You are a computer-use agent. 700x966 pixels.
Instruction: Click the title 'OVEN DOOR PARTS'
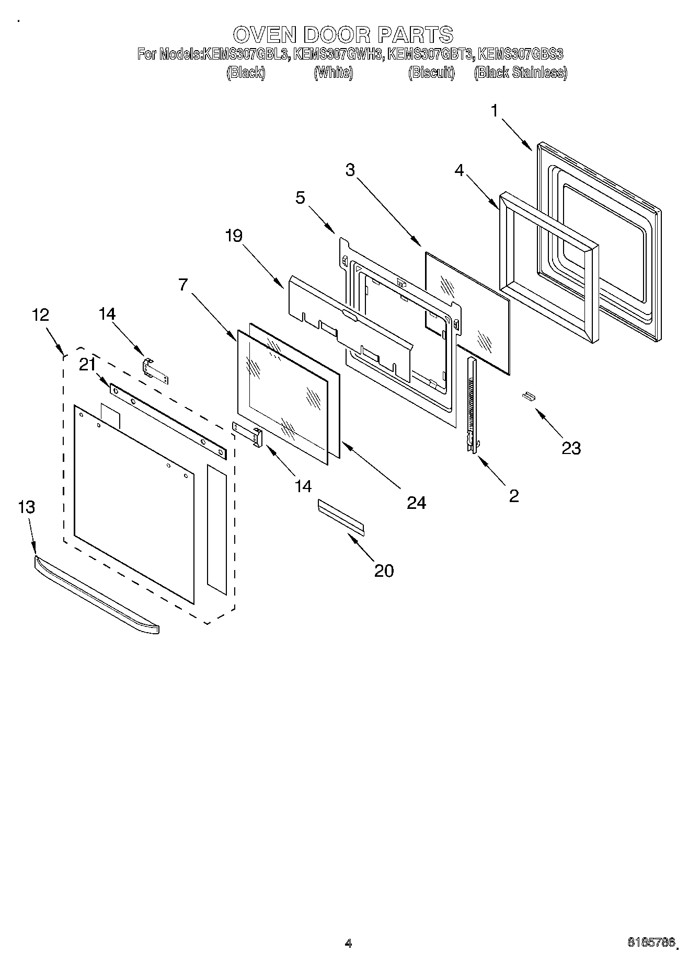click(343, 34)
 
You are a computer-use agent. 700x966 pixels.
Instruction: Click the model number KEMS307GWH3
click(338, 54)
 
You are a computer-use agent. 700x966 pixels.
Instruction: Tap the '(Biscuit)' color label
click(431, 73)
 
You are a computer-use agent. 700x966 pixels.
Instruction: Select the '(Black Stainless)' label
click(520, 73)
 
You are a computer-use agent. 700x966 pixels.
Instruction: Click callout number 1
click(495, 111)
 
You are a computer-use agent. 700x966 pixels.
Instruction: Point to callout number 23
click(571, 448)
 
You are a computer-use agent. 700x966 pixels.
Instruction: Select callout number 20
click(384, 571)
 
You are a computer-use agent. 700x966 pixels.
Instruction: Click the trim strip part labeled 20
click(341, 517)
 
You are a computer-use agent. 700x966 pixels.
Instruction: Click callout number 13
click(26, 507)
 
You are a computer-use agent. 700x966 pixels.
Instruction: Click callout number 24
click(417, 503)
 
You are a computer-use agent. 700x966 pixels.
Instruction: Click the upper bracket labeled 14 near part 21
click(156, 370)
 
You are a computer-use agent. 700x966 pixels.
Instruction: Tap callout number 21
click(87, 365)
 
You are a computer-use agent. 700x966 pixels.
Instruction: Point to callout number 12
click(40, 315)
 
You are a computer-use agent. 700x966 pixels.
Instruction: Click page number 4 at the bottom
click(348, 943)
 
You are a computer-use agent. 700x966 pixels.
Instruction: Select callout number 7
click(183, 285)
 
